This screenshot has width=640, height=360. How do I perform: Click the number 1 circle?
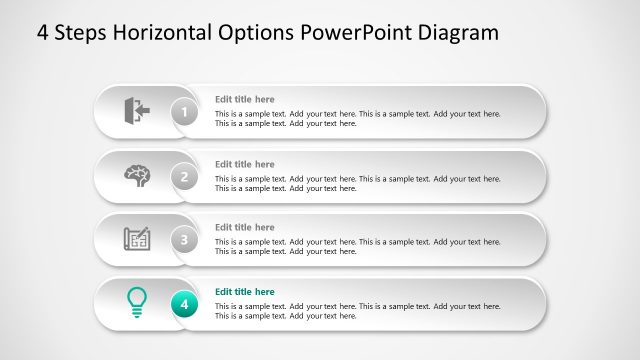(x=184, y=112)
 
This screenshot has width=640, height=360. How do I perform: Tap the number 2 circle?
(x=184, y=176)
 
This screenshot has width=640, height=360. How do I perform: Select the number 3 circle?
(x=184, y=239)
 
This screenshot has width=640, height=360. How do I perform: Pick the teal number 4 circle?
(x=184, y=303)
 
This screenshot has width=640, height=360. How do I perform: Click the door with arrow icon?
(x=137, y=109)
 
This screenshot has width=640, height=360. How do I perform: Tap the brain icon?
(x=137, y=174)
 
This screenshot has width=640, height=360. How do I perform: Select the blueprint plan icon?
(x=137, y=239)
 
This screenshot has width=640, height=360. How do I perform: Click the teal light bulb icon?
(x=137, y=302)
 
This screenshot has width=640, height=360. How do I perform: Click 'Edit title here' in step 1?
(x=244, y=99)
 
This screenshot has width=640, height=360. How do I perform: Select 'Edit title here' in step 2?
(x=244, y=164)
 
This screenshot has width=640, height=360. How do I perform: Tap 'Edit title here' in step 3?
(x=244, y=227)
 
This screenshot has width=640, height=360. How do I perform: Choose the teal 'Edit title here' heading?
(x=244, y=291)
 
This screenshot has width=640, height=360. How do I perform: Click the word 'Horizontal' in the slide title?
(x=164, y=32)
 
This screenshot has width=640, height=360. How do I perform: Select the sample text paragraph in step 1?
(x=357, y=118)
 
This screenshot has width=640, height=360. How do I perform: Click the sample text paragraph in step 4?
(x=357, y=310)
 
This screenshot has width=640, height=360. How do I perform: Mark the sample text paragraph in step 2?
(x=357, y=183)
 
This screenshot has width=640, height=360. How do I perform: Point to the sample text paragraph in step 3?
(x=357, y=246)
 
